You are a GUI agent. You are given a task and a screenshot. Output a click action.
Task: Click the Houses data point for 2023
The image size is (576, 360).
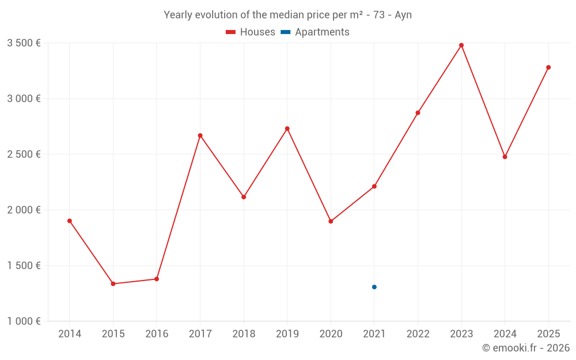[x=461, y=45]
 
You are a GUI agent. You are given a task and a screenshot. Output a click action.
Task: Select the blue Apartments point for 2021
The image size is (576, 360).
[x=374, y=287]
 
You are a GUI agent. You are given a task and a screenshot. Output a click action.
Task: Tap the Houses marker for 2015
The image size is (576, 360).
[x=113, y=283]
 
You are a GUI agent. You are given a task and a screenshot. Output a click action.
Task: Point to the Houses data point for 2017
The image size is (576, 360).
[x=200, y=135]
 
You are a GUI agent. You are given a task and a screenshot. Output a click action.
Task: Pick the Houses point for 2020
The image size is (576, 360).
[x=331, y=221]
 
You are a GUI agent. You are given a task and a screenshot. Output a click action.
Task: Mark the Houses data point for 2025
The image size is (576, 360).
[x=548, y=67]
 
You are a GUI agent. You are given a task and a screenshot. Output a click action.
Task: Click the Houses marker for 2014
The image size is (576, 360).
[x=70, y=221]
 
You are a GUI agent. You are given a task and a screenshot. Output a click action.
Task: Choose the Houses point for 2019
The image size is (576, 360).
[x=287, y=128]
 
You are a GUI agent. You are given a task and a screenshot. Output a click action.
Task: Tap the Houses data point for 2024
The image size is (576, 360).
[x=505, y=157]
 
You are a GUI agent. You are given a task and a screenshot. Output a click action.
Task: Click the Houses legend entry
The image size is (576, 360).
[x=251, y=32]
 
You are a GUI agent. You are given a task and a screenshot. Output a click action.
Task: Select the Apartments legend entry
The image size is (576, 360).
[x=315, y=32]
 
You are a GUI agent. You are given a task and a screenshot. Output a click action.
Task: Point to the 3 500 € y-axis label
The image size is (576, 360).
[x=24, y=43]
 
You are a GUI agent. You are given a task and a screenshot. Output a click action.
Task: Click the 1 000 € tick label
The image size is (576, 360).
[x=24, y=321]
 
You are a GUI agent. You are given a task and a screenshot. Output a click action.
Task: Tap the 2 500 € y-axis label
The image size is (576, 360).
[x=24, y=154]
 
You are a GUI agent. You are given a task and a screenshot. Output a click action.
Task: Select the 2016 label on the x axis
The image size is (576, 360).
[x=157, y=334]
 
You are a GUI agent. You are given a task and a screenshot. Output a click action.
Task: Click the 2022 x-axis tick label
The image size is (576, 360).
[x=418, y=334]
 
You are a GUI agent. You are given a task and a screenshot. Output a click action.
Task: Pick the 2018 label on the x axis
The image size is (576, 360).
[x=244, y=334]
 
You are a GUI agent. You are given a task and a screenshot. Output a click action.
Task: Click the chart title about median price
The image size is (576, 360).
[x=287, y=15]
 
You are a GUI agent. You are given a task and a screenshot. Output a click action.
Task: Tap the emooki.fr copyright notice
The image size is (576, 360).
[x=525, y=348]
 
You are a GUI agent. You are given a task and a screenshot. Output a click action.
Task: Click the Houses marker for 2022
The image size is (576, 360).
[x=418, y=112]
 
